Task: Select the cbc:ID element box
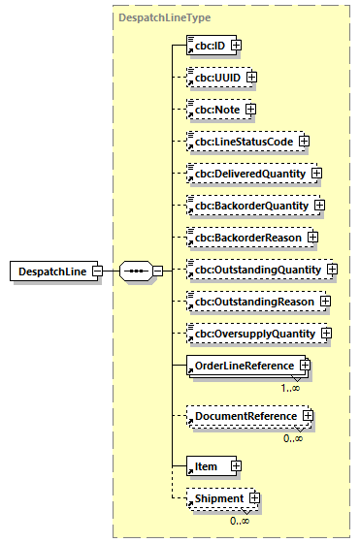click(207, 45)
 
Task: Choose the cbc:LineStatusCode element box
click(241, 142)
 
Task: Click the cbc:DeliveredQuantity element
click(246, 174)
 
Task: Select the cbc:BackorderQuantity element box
click(248, 206)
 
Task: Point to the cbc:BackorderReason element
click(245, 238)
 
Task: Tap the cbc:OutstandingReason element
click(250, 302)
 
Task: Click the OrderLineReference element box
click(241, 366)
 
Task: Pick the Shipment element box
click(216, 498)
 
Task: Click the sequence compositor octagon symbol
click(137, 271)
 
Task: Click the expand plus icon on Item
click(236, 466)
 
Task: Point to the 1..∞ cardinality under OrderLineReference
click(290, 387)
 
